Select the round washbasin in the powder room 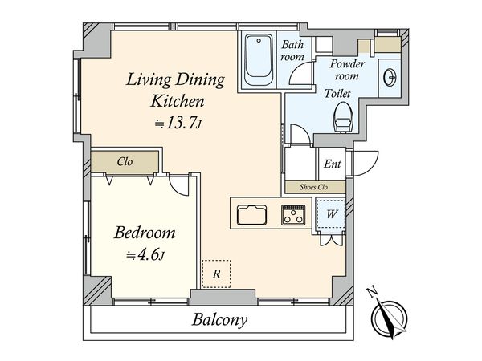coord(390,76)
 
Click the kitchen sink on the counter coord(253,215)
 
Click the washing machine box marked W coord(332,214)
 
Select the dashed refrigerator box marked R coord(216,273)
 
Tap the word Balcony coord(219,321)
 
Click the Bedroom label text coord(144,233)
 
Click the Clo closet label coord(125,161)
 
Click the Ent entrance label coord(332,164)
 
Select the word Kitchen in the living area coord(176,101)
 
